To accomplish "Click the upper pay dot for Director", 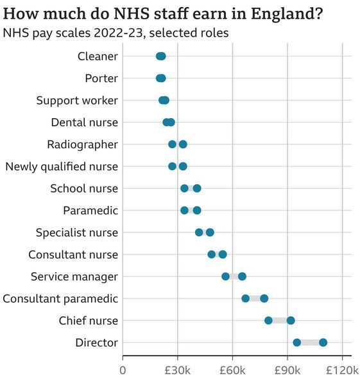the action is tap(323, 343).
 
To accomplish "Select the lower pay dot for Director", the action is tap(297, 343).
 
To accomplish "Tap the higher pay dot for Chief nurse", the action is tap(291, 321).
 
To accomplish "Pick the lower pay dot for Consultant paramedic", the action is tap(246, 298).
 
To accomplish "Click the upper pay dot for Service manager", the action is tap(242, 277).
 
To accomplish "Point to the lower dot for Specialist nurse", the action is tap(199, 232).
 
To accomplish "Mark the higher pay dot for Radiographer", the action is tap(183, 144).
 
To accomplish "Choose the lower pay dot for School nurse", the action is tap(184, 189).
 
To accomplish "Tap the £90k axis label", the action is tap(287, 370).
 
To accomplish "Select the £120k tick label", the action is tap(343, 370).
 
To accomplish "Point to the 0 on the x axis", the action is tap(123, 370).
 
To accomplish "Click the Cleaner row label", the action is tap(98, 56).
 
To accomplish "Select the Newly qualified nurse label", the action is tap(62, 167).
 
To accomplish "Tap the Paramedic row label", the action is tap(90, 210).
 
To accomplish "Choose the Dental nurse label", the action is tap(85, 123).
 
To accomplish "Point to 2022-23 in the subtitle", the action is tap(118, 33).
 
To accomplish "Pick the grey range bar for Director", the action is tap(310, 343).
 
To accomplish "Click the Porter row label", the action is tap(101, 78).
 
